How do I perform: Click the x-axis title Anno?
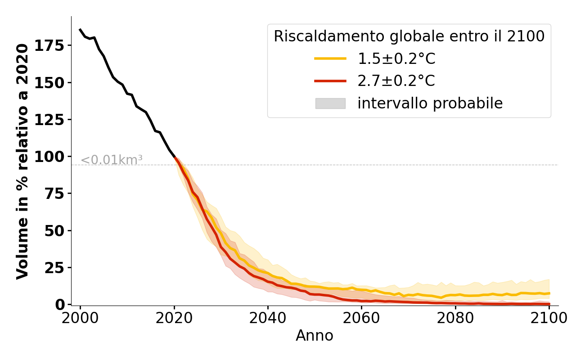click(315, 336)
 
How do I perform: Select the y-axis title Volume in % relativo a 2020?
click(22, 161)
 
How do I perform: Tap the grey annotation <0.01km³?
click(112, 160)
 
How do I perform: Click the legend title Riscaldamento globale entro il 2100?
click(409, 36)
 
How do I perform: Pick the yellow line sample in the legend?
click(330, 58)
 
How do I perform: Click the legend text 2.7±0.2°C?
click(396, 81)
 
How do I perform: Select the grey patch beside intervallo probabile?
click(330, 103)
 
